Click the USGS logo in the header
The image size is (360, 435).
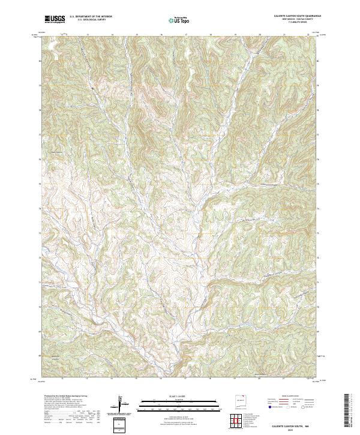55,19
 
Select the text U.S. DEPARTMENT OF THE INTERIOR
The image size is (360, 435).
91,16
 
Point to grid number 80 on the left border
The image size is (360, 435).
41,61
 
